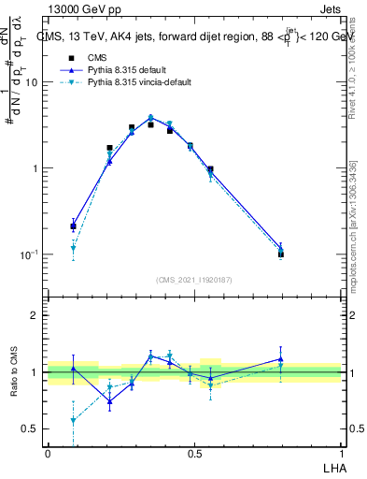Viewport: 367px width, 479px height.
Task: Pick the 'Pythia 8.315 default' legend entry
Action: click(x=112, y=70)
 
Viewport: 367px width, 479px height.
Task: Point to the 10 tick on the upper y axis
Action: click(x=31, y=82)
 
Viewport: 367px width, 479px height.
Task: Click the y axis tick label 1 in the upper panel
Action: click(x=35, y=168)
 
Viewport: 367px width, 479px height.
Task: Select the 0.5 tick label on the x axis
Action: click(x=194, y=453)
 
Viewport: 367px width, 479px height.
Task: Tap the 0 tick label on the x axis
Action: click(x=48, y=453)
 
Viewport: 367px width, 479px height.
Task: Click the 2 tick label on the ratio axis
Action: click(x=35, y=315)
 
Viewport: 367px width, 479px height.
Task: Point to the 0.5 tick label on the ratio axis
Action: click(x=30, y=429)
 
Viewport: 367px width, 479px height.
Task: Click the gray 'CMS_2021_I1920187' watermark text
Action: click(x=194, y=279)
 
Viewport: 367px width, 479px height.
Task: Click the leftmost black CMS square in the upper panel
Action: click(x=73, y=226)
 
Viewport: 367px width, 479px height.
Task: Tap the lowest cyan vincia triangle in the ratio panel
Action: click(x=73, y=421)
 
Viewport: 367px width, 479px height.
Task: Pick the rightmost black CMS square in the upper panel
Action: click(x=281, y=254)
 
